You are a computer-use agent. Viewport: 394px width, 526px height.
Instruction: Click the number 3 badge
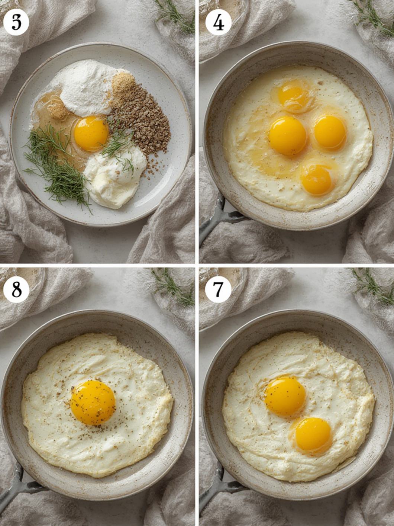click(x=16, y=23)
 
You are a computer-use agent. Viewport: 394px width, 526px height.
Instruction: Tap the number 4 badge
click(x=218, y=23)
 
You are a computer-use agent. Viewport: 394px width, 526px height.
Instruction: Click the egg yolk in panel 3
click(x=91, y=133)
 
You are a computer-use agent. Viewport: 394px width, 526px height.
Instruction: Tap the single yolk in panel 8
click(x=93, y=402)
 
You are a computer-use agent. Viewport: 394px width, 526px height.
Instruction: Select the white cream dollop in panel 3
click(x=114, y=178)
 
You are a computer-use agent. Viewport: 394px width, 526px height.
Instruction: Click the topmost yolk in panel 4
click(x=293, y=94)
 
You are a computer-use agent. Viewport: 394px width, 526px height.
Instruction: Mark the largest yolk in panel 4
click(x=287, y=136)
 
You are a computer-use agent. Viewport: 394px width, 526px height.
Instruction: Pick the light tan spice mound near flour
click(x=123, y=84)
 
